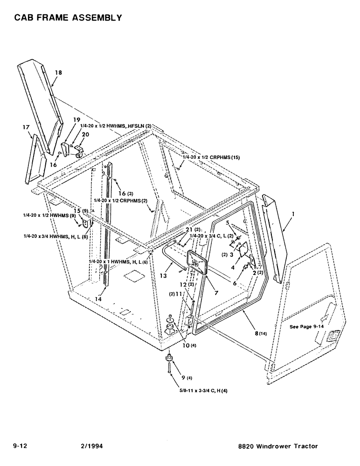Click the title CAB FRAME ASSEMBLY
coord(68,18)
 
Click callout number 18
coord(58,73)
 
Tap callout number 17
coord(27,126)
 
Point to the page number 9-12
coord(21,446)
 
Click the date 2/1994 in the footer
coord(92,446)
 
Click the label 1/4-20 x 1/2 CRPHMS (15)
coord(212,158)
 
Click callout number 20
coord(85,134)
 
